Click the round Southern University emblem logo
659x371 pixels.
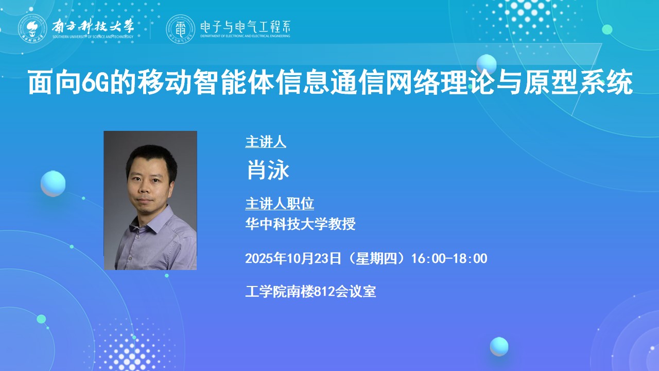click(x=32, y=28)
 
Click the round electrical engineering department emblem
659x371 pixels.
click(x=180, y=29)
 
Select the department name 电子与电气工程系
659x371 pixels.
click(x=246, y=27)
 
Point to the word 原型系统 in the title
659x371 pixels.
click(x=578, y=82)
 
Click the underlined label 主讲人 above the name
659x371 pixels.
click(x=266, y=142)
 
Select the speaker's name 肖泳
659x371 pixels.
click(x=268, y=170)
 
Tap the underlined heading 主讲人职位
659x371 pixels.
click(x=280, y=204)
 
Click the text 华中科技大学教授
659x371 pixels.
click(x=300, y=224)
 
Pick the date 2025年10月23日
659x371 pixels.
click(x=293, y=258)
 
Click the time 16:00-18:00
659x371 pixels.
click(x=449, y=258)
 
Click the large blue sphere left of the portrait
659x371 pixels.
click(x=53, y=184)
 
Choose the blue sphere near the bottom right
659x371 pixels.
click(x=499, y=347)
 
